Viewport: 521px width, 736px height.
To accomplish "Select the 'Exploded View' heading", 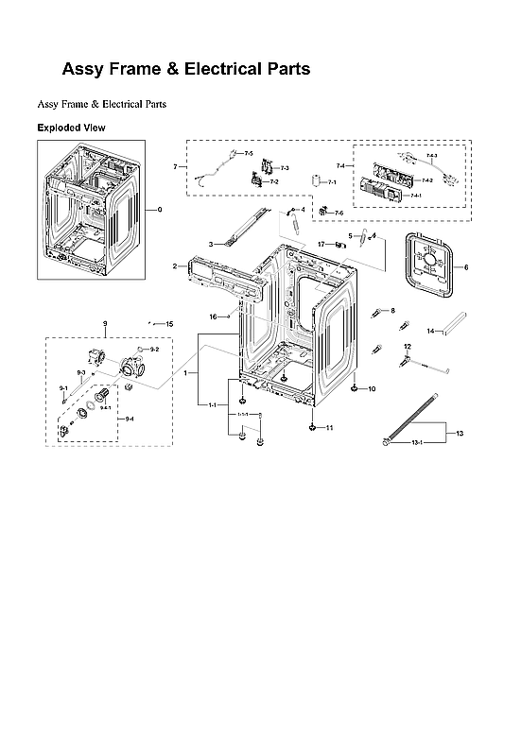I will click(x=71, y=128).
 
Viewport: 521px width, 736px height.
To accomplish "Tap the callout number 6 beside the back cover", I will click(x=465, y=267).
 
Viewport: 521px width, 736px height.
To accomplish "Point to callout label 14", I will click(x=429, y=332).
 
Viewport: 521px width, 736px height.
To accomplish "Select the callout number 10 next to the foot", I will click(x=372, y=389).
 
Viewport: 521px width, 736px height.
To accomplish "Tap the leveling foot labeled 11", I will click(x=310, y=427).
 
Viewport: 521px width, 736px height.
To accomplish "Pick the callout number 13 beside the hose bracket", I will click(x=460, y=433).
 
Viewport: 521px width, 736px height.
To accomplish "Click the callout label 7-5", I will click(x=249, y=153).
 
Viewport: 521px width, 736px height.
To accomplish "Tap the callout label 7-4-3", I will click(x=431, y=154).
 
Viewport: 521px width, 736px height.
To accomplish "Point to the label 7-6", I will click(x=339, y=213).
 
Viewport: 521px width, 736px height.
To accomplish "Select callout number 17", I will click(x=321, y=245).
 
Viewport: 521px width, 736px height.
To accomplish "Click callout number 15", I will click(x=169, y=324).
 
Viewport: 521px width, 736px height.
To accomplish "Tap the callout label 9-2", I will click(x=154, y=350).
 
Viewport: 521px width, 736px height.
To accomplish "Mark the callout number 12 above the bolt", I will click(x=408, y=347).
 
